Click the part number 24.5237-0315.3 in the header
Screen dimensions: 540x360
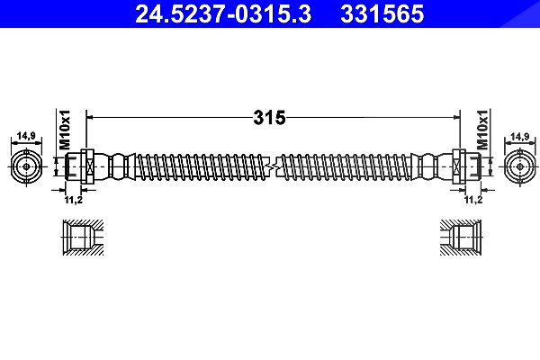223,13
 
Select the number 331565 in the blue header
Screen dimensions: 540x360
382,13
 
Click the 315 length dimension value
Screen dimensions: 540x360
269,118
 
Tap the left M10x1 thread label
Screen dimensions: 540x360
65,130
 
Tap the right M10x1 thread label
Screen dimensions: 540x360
482,130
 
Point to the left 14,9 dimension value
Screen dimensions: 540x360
26,136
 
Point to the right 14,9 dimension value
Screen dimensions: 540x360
520,137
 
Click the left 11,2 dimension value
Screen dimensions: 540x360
74,200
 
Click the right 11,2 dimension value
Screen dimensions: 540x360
473,200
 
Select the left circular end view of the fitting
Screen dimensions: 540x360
26,166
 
